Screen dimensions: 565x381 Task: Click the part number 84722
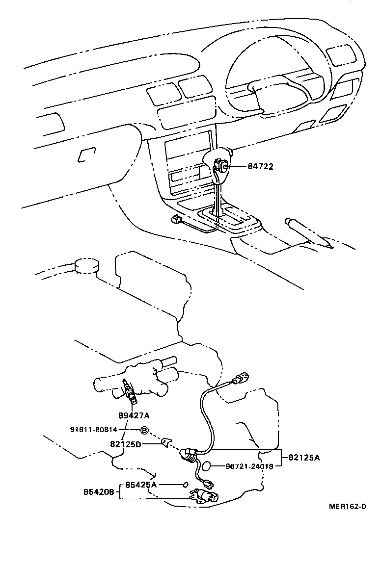point(260,166)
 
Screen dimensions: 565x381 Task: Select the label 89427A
point(134,415)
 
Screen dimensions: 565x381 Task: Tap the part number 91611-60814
point(94,430)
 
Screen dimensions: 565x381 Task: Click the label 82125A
point(303,458)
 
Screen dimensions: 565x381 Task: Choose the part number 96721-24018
point(249,466)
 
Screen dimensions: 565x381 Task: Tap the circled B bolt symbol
point(144,430)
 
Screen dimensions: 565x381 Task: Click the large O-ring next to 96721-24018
point(207,466)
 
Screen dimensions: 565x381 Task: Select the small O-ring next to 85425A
point(185,485)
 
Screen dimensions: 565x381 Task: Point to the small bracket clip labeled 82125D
point(166,442)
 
